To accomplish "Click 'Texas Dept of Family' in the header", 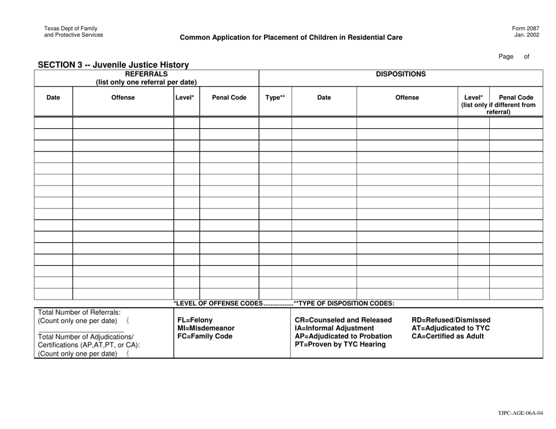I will tap(71, 28).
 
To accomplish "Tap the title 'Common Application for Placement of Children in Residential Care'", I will tap(291, 37).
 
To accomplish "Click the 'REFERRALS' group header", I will tap(146, 74).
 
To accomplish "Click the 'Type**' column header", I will tap(275, 98).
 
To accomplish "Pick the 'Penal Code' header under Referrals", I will tap(229, 98).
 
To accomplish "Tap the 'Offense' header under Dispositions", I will tap(407, 98).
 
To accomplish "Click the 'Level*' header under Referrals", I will tap(186, 98).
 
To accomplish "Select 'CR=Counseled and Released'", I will tap(344, 320).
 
